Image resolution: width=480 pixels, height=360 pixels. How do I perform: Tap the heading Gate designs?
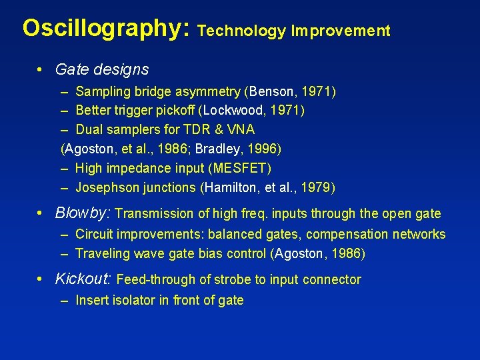(102, 69)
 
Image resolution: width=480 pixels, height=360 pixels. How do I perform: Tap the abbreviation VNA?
(240, 129)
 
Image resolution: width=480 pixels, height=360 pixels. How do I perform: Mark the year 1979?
(318, 187)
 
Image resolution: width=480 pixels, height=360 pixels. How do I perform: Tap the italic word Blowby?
(82, 213)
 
